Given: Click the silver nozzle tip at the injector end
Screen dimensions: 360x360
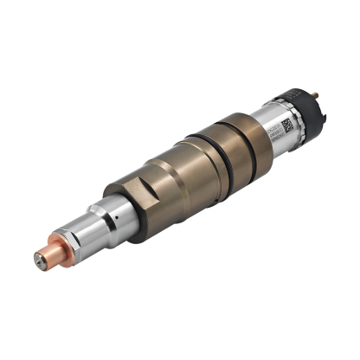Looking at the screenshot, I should click(x=41, y=256).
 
